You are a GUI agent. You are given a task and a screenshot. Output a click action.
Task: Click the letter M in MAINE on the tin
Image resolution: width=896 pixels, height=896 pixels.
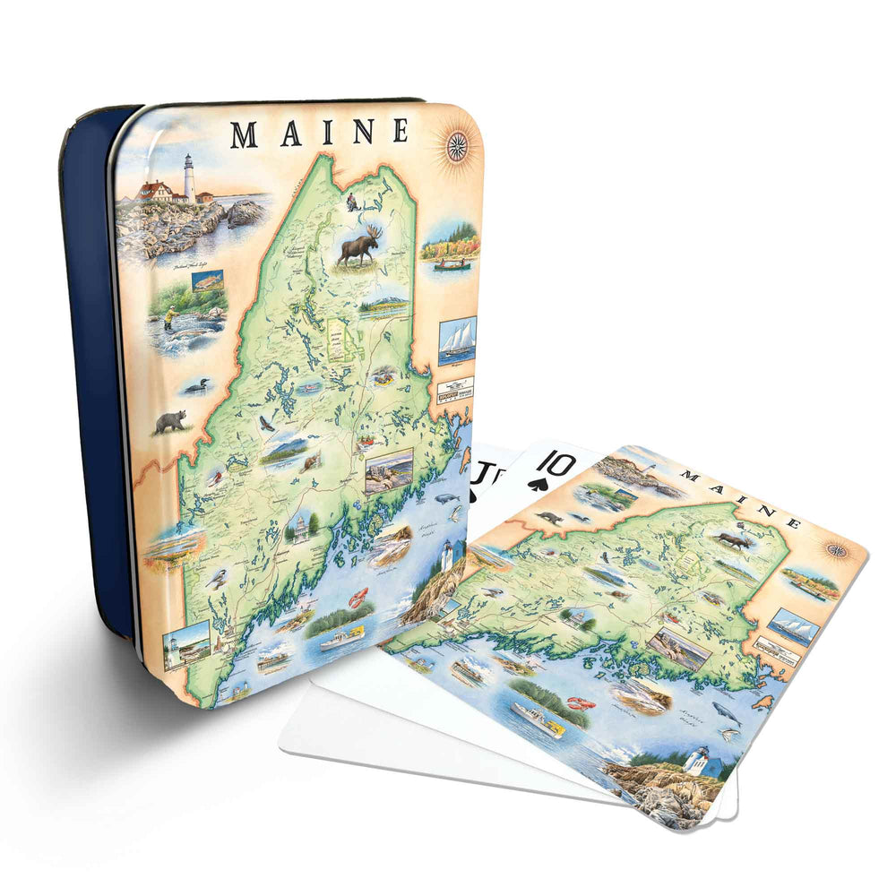pos(245,134)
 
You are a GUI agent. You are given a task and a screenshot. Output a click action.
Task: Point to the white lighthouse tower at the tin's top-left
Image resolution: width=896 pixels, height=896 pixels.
pos(189,177)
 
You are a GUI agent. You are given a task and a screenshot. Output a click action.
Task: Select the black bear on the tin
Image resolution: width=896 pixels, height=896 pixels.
pos(169,421)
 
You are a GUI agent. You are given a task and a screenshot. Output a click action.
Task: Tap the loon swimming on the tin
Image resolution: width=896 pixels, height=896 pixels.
pos(195,388)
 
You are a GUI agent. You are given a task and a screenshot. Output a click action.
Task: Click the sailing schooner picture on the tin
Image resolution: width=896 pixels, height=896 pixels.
pos(457,340)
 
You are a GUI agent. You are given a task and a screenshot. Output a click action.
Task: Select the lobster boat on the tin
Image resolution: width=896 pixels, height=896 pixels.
pos(345,638)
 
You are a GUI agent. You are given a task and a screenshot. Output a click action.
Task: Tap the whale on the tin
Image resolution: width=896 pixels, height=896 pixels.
pos(446,498)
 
